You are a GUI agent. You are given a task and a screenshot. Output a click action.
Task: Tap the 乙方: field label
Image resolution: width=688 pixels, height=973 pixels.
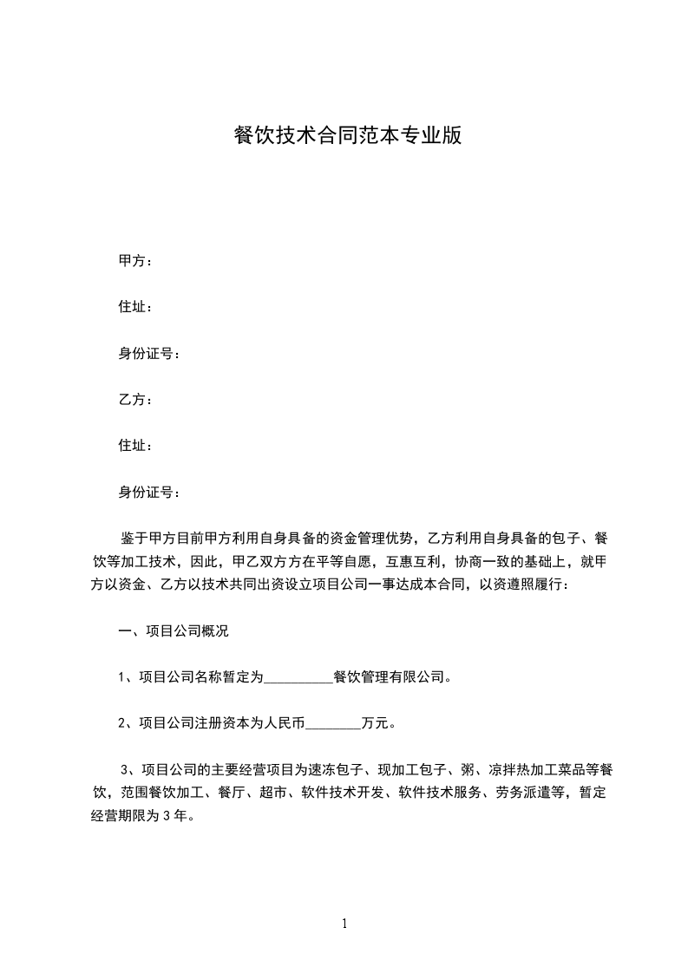point(135,400)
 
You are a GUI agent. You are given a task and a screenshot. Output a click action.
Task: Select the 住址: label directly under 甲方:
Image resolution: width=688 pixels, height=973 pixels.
point(135,307)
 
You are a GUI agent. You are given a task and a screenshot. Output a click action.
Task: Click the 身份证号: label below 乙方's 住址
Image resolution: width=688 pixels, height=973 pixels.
point(149,493)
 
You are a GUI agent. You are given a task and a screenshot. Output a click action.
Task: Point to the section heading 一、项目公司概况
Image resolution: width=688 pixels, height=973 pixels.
point(174,631)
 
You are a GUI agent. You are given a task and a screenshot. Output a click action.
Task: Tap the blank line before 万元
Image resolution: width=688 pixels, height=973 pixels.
point(334,722)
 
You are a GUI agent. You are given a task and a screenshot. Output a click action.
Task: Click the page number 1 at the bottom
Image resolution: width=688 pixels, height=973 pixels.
point(344,924)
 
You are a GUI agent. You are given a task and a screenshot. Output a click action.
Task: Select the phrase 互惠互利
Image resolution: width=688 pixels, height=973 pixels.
point(419,562)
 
